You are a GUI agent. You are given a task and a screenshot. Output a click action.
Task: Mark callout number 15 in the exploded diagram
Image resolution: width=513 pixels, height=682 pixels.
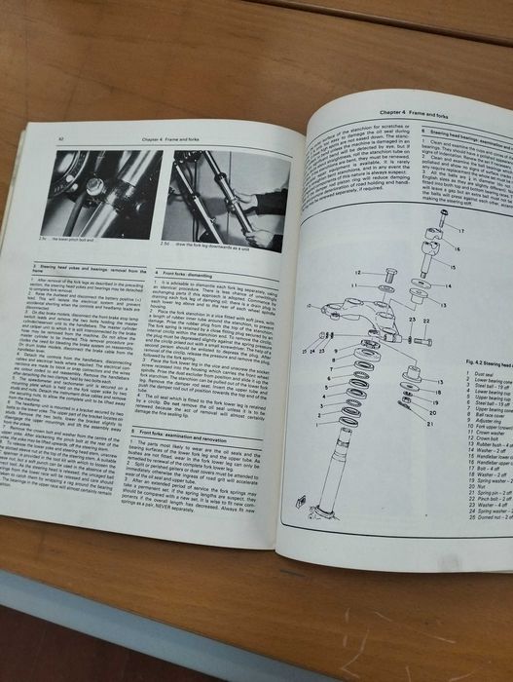(453, 262)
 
